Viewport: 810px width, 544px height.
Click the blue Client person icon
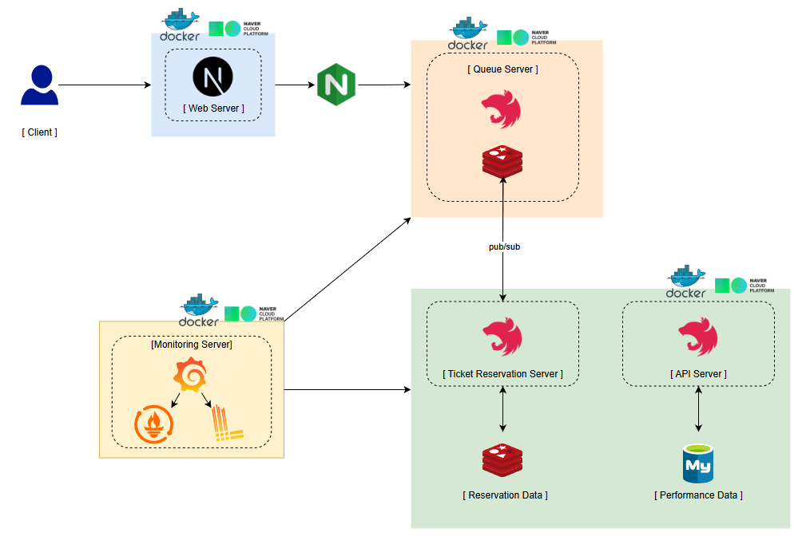pyautogui.click(x=39, y=86)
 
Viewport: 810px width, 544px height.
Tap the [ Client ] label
pyautogui.click(x=39, y=132)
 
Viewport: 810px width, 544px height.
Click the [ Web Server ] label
pyautogui.click(x=213, y=108)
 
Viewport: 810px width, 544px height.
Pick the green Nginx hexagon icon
pyautogui.click(x=336, y=85)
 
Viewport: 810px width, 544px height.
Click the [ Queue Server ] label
pyautogui.click(x=502, y=69)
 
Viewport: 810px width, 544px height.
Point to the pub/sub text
pyautogui.click(x=504, y=247)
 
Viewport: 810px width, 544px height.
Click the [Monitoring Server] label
pyautogui.click(x=192, y=345)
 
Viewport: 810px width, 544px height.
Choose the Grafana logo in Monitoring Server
pyautogui.click(x=191, y=376)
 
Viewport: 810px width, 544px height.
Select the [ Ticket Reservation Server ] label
pyautogui.click(x=502, y=373)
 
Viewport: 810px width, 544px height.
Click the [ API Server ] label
pyautogui.click(x=698, y=373)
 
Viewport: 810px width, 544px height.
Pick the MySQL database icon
pyautogui.click(x=699, y=463)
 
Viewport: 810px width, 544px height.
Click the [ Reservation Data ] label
pyautogui.click(x=505, y=495)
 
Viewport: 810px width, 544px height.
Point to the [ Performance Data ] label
pyautogui.click(x=699, y=495)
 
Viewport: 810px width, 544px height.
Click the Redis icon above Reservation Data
pyautogui.click(x=502, y=460)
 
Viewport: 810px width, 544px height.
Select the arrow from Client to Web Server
pyautogui.click(x=104, y=85)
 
